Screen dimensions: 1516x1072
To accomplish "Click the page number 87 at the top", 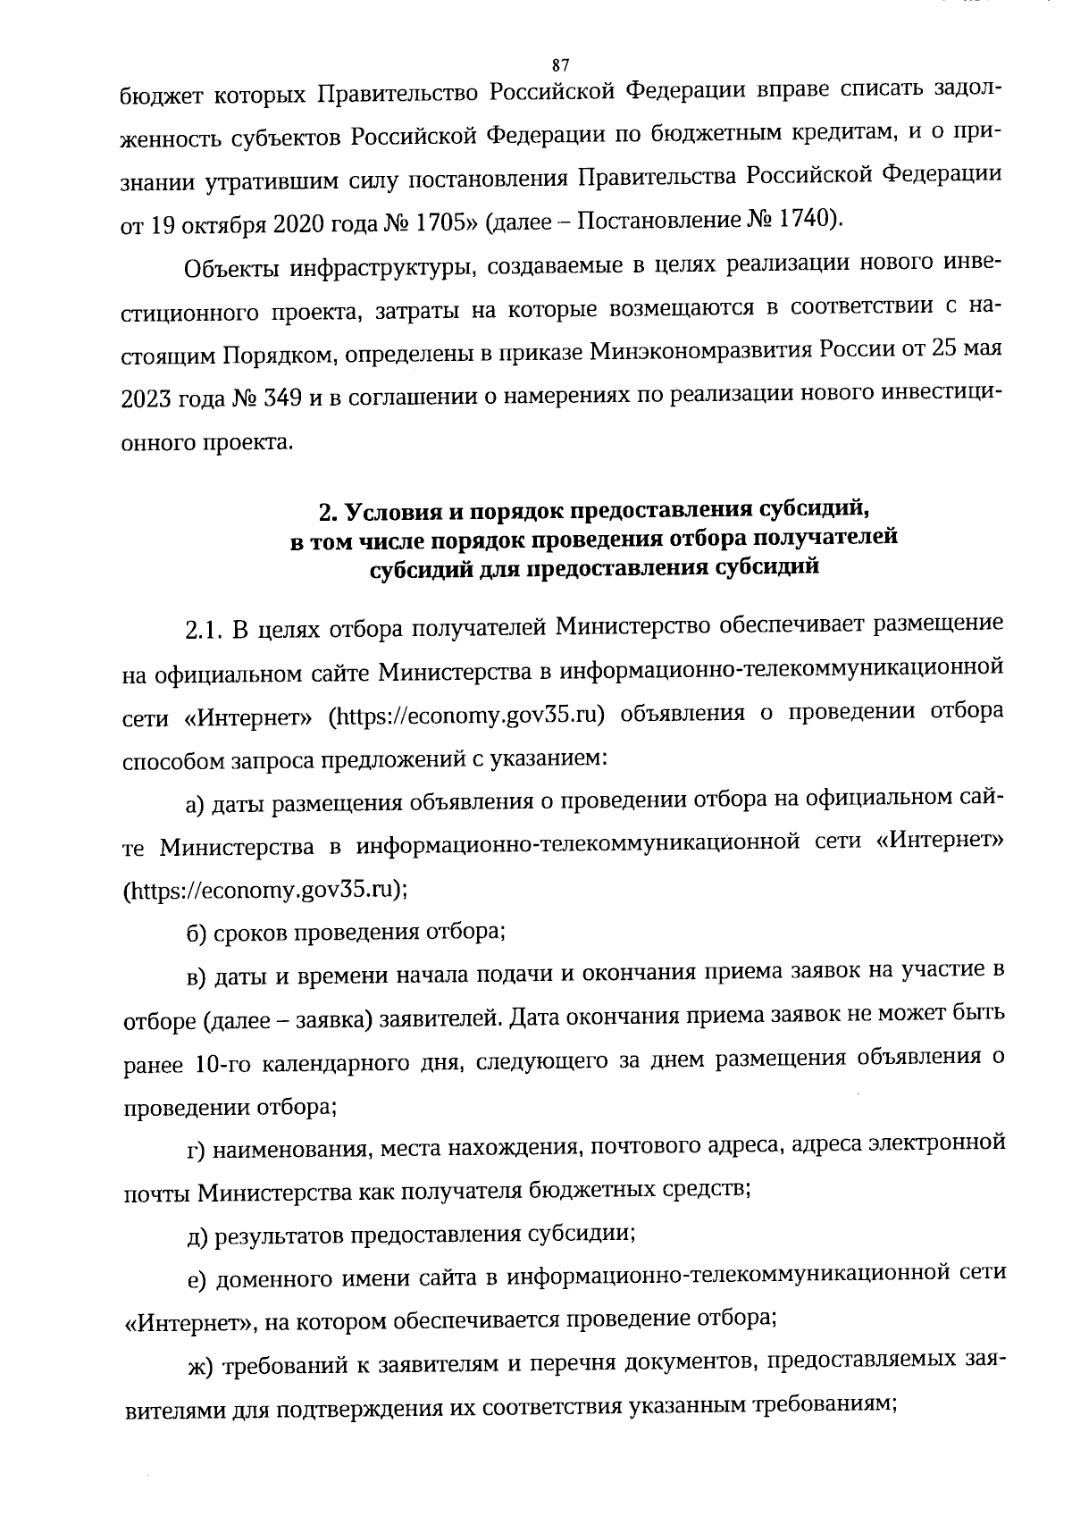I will (x=561, y=64).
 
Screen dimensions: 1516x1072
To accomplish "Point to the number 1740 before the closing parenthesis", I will (x=805, y=219).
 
